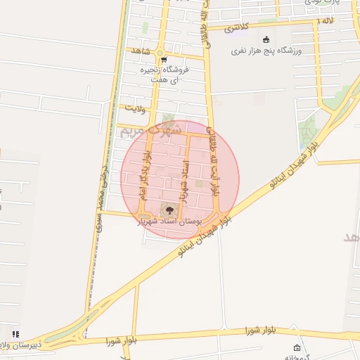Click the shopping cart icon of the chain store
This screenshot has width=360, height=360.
click(163, 60)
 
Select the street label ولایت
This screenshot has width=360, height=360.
click(134, 109)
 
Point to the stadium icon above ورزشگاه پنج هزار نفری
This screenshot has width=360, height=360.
click(266, 39)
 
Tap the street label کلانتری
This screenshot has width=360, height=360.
click(237, 29)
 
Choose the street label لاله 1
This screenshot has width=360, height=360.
click(324, 22)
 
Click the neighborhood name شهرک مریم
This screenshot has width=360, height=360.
click(150, 129)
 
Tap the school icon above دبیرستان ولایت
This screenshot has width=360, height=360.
click(15, 333)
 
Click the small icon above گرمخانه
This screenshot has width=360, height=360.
click(297, 348)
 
